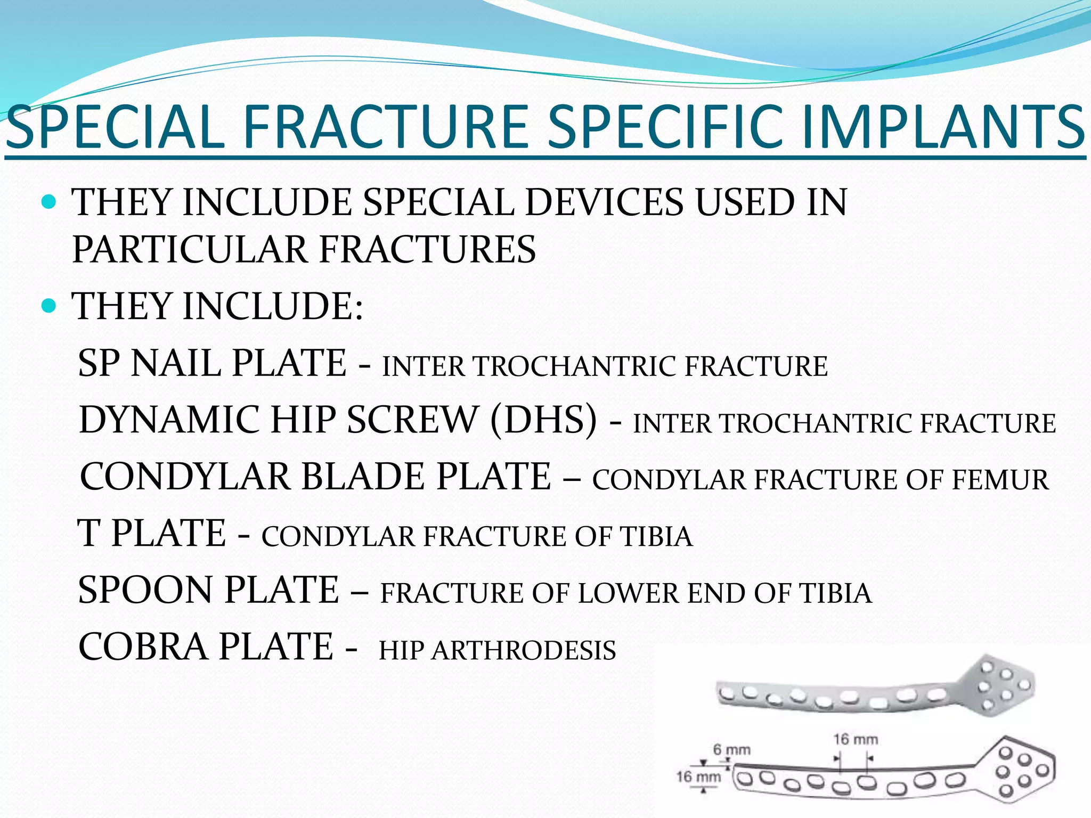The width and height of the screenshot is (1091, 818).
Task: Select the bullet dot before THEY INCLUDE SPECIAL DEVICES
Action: [x=48, y=202]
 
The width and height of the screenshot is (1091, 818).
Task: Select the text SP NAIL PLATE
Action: [x=212, y=363]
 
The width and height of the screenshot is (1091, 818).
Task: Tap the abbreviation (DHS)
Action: [x=543, y=420]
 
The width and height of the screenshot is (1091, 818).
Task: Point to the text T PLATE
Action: [x=152, y=533]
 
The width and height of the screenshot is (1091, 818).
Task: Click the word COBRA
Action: [x=143, y=647]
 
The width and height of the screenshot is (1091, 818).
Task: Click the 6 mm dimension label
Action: [x=731, y=750]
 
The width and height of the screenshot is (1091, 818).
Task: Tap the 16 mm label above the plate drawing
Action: [x=855, y=739]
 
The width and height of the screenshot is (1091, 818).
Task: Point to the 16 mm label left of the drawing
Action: [x=698, y=776]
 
